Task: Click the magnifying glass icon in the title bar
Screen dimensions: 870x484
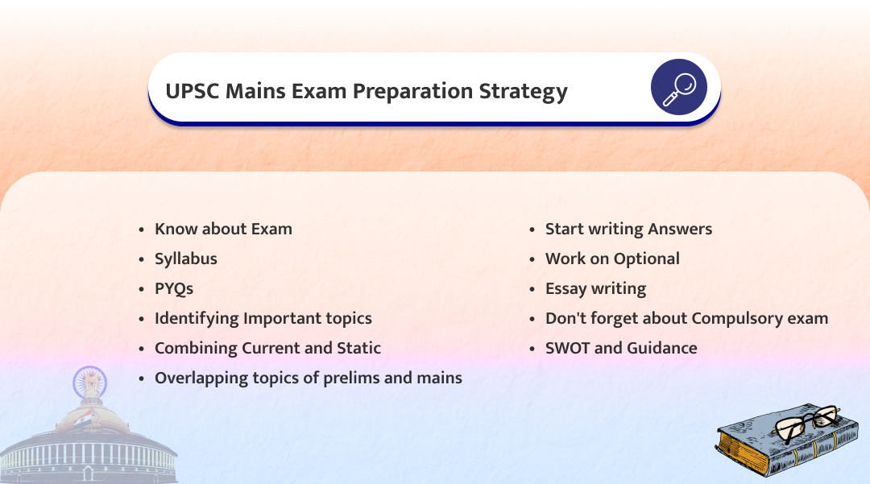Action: coord(678,87)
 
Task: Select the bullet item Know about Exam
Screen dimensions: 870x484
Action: coord(223,229)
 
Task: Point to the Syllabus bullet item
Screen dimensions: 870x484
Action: coord(186,259)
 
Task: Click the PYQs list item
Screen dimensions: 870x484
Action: coord(174,289)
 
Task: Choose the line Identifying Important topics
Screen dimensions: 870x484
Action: coord(263,319)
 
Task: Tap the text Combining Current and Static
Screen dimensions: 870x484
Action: coord(267,348)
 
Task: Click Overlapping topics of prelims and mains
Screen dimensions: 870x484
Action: coord(308,379)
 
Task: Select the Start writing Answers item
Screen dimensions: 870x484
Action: coord(628,230)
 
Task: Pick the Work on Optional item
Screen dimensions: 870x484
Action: coord(612,259)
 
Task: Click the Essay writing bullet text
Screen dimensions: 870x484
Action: coord(596,289)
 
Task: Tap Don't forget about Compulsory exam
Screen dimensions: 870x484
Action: coord(687,319)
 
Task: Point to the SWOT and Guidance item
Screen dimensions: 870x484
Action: coord(621,348)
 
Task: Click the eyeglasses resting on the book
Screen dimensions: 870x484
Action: coord(809,423)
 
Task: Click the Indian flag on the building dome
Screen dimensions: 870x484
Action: coord(83,417)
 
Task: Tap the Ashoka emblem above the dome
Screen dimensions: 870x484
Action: coord(89,383)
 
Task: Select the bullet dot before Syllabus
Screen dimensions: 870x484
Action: coord(142,259)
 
